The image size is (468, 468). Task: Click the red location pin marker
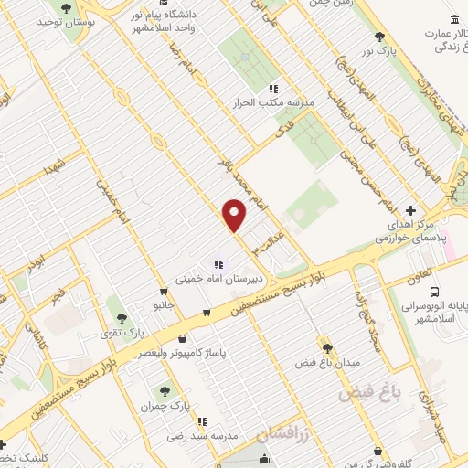235,216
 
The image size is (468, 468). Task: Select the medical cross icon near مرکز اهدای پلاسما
409,209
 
